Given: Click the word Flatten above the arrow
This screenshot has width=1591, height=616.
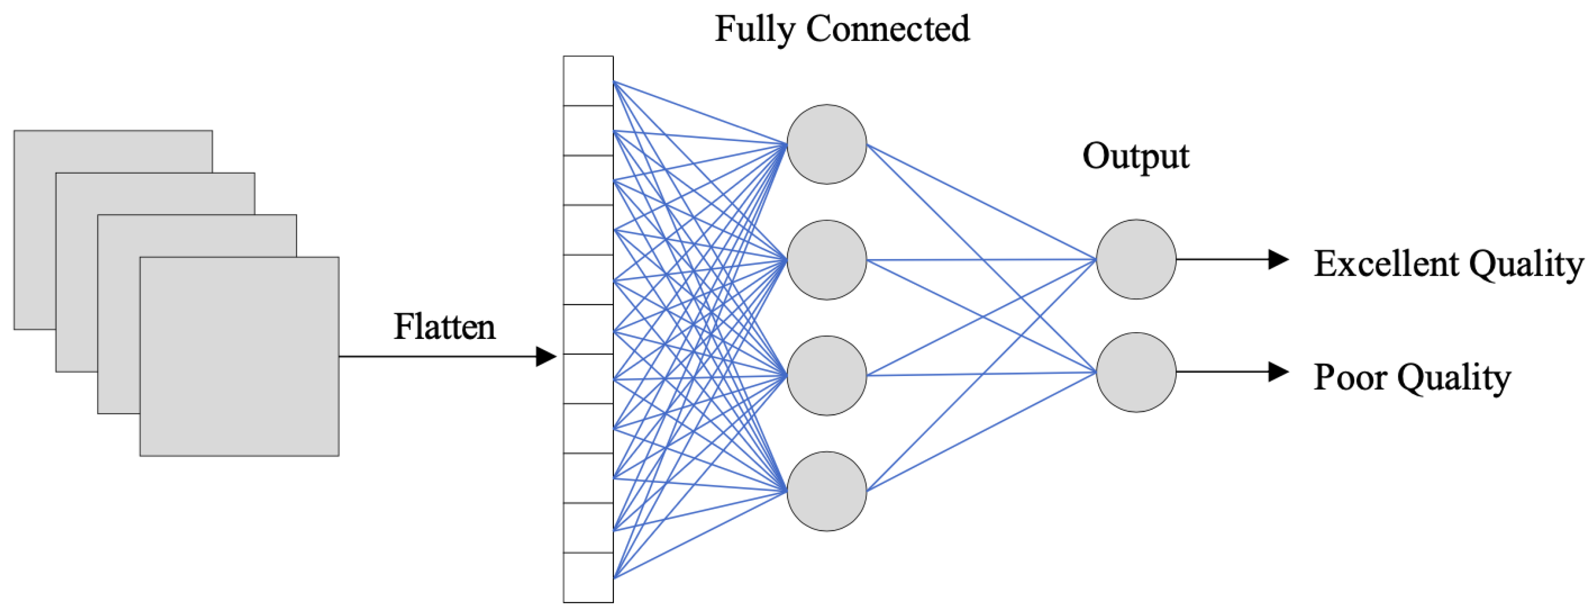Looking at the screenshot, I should (444, 327).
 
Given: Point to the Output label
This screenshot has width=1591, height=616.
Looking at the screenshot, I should (1135, 157).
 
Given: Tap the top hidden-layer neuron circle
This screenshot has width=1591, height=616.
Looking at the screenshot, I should (826, 144).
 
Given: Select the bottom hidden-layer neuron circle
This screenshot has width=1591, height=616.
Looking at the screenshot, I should (826, 491).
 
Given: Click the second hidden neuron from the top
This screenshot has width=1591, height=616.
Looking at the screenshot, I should (826, 260).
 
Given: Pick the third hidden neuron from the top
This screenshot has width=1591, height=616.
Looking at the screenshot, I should (826, 376).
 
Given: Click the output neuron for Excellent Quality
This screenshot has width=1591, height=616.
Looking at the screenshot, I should (1136, 259).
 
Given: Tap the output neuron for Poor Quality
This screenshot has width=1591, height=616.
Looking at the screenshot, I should (1136, 373).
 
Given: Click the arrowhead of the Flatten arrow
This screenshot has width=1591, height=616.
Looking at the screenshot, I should (546, 357).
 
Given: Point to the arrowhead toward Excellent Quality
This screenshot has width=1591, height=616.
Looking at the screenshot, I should (1278, 259).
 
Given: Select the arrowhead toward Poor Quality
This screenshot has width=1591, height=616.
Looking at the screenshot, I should (1278, 372).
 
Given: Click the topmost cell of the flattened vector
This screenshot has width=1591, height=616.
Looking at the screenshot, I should (588, 81).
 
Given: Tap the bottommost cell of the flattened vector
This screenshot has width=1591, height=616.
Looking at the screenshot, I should (588, 577).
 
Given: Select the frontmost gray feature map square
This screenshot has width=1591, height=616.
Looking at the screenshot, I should (239, 357).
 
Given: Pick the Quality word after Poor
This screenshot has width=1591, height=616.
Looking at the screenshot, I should (1454, 378).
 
